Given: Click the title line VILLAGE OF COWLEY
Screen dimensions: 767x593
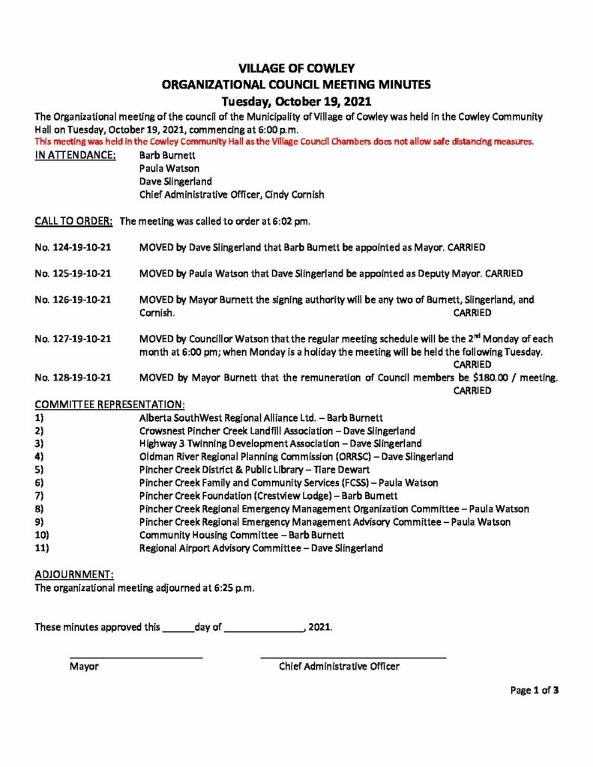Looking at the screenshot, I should point(296,69).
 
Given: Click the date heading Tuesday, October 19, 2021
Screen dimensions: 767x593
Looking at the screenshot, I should point(296,100).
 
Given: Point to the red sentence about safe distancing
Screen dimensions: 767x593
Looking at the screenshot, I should point(284,142).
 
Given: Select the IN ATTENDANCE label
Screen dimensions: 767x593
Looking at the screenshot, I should point(75,155).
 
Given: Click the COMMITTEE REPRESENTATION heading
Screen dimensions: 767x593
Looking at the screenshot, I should point(109,404).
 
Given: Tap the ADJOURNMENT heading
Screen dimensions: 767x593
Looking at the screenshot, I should point(74,575).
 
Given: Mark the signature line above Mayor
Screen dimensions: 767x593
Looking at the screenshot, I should point(136,657).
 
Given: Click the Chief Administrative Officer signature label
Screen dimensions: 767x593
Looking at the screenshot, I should point(339,666).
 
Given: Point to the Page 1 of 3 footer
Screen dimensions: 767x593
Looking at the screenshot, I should point(534,691).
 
